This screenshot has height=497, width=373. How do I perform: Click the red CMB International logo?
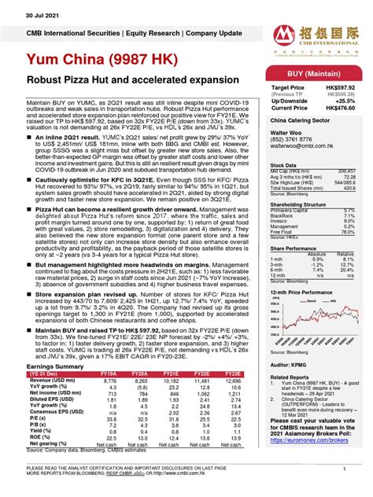[279, 17]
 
